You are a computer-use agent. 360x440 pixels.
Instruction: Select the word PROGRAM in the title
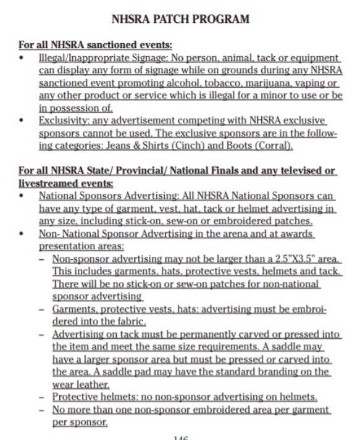point(224,20)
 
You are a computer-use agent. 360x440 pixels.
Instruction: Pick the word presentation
point(63,246)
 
